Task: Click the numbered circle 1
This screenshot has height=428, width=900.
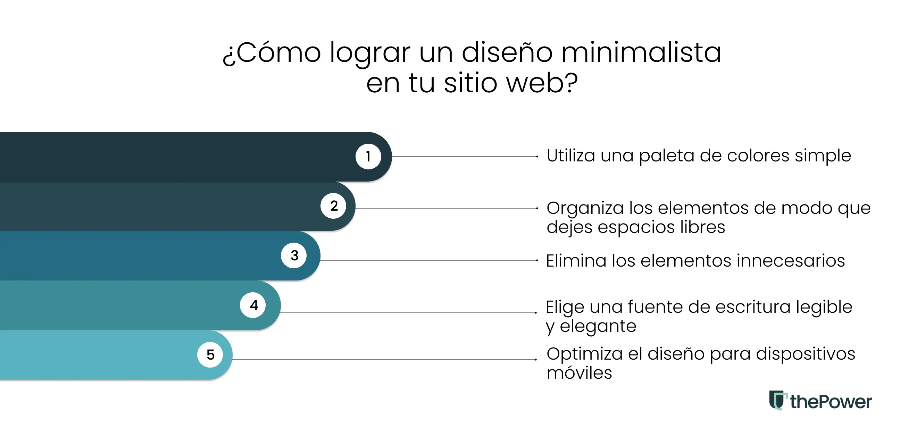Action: pyautogui.click(x=368, y=157)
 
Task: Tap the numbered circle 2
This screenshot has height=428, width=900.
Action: pyautogui.click(x=334, y=206)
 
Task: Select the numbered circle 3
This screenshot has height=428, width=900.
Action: pyautogui.click(x=294, y=255)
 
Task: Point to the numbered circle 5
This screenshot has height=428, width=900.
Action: pyautogui.click(x=210, y=355)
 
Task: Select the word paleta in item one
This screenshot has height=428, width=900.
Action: pyautogui.click(x=666, y=156)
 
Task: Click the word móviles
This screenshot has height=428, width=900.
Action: pyautogui.click(x=579, y=373)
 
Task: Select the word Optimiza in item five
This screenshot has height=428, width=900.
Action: pyautogui.click(x=584, y=354)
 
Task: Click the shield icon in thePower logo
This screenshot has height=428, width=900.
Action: pyautogui.click(x=777, y=400)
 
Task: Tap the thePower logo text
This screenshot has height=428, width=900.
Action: pyautogui.click(x=831, y=402)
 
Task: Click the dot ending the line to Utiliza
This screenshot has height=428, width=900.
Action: pyautogui.click(x=537, y=157)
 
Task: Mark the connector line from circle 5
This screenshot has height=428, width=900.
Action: pyautogui.click(x=384, y=359)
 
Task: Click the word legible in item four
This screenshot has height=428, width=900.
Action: pyautogui.click(x=824, y=308)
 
